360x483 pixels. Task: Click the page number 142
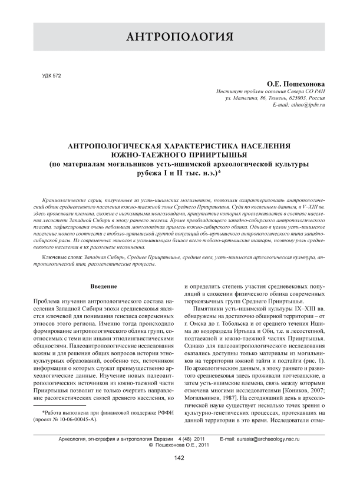tap(180, 459)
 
